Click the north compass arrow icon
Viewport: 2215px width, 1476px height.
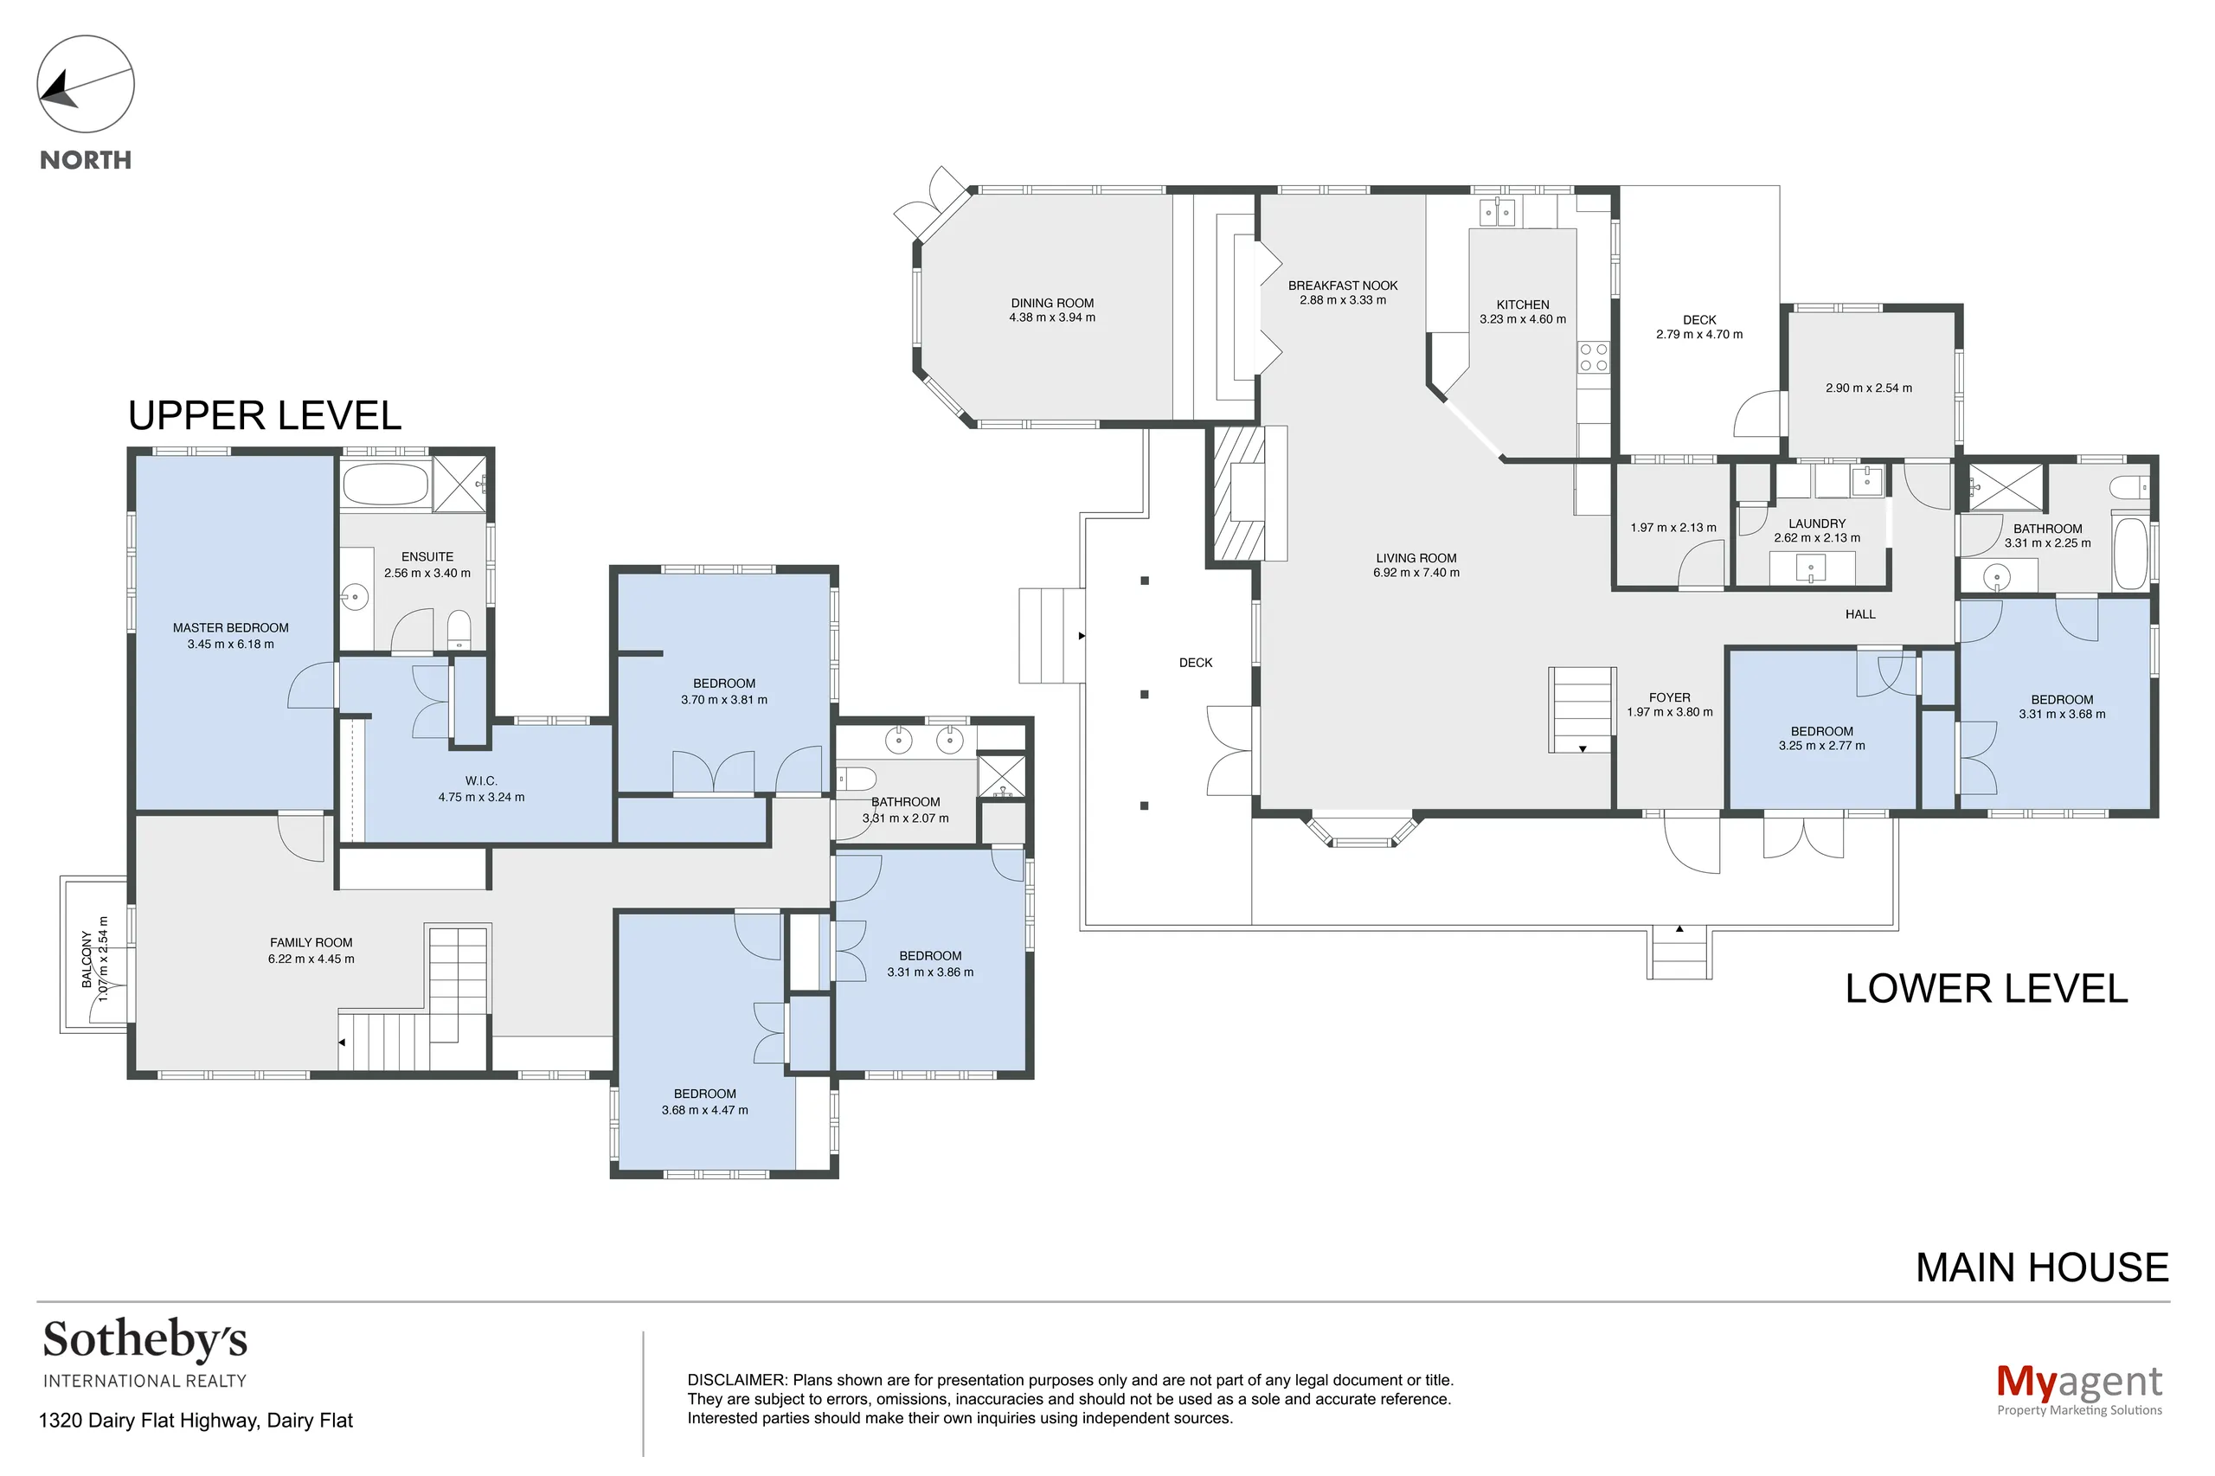tap(85, 84)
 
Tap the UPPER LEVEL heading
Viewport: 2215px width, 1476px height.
tap(265, 415)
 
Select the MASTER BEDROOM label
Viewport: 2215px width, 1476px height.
tap(231, 628)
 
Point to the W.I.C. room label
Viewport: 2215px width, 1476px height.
tap(481, 780)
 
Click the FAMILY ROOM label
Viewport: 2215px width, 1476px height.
tap(311, 942)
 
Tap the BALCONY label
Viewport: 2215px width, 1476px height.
tap(87, 959)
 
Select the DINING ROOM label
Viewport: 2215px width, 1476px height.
tap(1052, 303)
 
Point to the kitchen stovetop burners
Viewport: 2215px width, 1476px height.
tap(1594, 357)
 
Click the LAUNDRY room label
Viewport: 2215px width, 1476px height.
tap(1817, 523)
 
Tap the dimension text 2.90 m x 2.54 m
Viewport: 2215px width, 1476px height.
tap(1869, 388)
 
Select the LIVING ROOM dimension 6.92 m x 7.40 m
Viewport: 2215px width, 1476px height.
tap(1416, 573)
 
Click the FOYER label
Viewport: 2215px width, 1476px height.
tap(1669, 697)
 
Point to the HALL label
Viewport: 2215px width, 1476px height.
tap(1860, 614)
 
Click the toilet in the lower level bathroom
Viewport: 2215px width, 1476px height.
tap(2129, 488)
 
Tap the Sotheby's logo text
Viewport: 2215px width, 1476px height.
tap(145, 1340)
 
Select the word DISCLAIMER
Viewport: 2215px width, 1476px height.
tap(736, 1380)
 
